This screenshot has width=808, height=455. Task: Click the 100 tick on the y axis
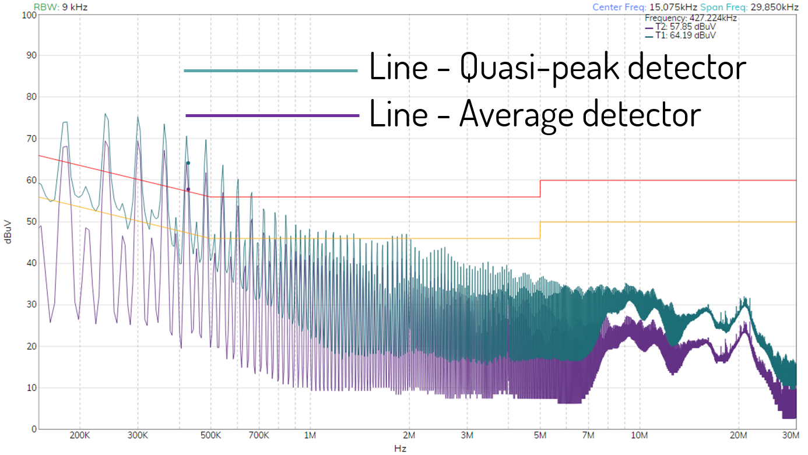(29, 15)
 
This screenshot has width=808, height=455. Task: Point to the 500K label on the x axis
(210, 435)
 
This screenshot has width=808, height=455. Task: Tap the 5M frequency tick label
(540, 435)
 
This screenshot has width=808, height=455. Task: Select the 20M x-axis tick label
(739, 435)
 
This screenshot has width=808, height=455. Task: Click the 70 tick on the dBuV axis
(31, 139)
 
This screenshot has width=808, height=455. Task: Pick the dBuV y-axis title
(8, 232)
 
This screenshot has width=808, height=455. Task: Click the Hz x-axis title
(400, 449)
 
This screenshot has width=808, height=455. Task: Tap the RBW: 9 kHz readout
(61, 7)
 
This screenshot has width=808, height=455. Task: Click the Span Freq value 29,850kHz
(774, 7)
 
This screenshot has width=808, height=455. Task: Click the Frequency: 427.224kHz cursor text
(691, 18)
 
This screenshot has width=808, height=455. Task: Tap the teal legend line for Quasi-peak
(270, 70)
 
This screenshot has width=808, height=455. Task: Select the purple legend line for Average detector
(272, 115)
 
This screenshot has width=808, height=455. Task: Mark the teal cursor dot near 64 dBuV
(188, 163)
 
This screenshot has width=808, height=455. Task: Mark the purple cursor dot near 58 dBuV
(188, 189)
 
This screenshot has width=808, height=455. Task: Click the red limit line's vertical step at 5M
(540, 189)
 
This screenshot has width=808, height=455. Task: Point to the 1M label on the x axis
(310, 435)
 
